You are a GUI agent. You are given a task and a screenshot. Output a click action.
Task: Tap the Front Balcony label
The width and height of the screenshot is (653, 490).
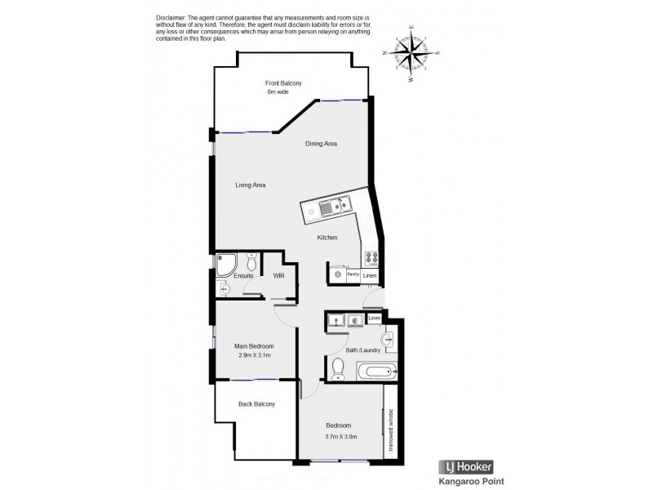pyautogui.click(x=284, y=83)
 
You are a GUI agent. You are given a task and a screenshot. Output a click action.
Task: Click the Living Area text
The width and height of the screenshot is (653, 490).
pyautogui.click(x=251, y=185)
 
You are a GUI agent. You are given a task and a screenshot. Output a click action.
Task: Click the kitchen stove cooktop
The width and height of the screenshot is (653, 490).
pyautogui.click(x=371, y=257)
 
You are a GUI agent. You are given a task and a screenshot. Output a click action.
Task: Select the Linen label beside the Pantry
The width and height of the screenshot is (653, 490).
pyautogui.click(x=371, y=276)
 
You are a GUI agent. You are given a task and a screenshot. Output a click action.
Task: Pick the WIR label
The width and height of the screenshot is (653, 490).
pyautogui.click(x=278, y=276)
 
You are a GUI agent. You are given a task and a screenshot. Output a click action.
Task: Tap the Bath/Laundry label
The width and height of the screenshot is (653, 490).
pyautogui.click(x=363, y=350)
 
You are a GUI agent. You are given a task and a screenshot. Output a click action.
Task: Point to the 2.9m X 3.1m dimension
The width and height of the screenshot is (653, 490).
pyautogui.click(x=253, y=355)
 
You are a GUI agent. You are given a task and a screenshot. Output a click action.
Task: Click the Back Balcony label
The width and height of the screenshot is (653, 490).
pyautogui.click(x=256, y=404)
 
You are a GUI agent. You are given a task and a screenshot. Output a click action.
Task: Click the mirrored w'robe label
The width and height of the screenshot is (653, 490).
pyautogui.click(x=391, y=431)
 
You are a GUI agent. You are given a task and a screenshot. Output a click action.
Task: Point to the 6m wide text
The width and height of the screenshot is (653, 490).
pyautogui.click(x=278, y=92)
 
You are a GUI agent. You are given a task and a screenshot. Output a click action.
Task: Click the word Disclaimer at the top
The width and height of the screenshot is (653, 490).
pyautogui.click(x=170, y=18)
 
